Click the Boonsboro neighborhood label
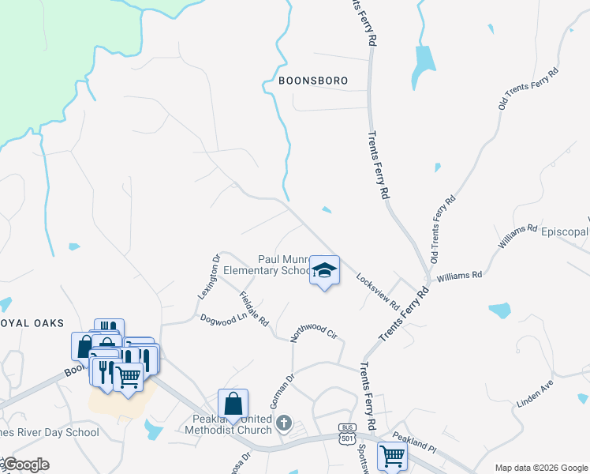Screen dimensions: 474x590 (x=313, y=80)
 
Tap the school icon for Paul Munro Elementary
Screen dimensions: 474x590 (x=323, y=271)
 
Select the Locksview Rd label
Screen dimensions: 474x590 (x=379, y=292)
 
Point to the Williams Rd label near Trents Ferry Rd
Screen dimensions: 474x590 (x=459, y=276)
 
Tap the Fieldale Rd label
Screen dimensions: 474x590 (x=254, y=309)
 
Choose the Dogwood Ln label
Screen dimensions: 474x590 (x=223, y=320)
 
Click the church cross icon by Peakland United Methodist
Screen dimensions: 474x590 (x=285, y=425)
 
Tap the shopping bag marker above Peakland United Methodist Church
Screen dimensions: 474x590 (x=233, y=404)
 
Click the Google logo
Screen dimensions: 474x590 (x=26, y=465)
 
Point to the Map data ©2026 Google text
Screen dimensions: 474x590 (x=540, y=468)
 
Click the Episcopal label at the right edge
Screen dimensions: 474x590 (x=564, y=231)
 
